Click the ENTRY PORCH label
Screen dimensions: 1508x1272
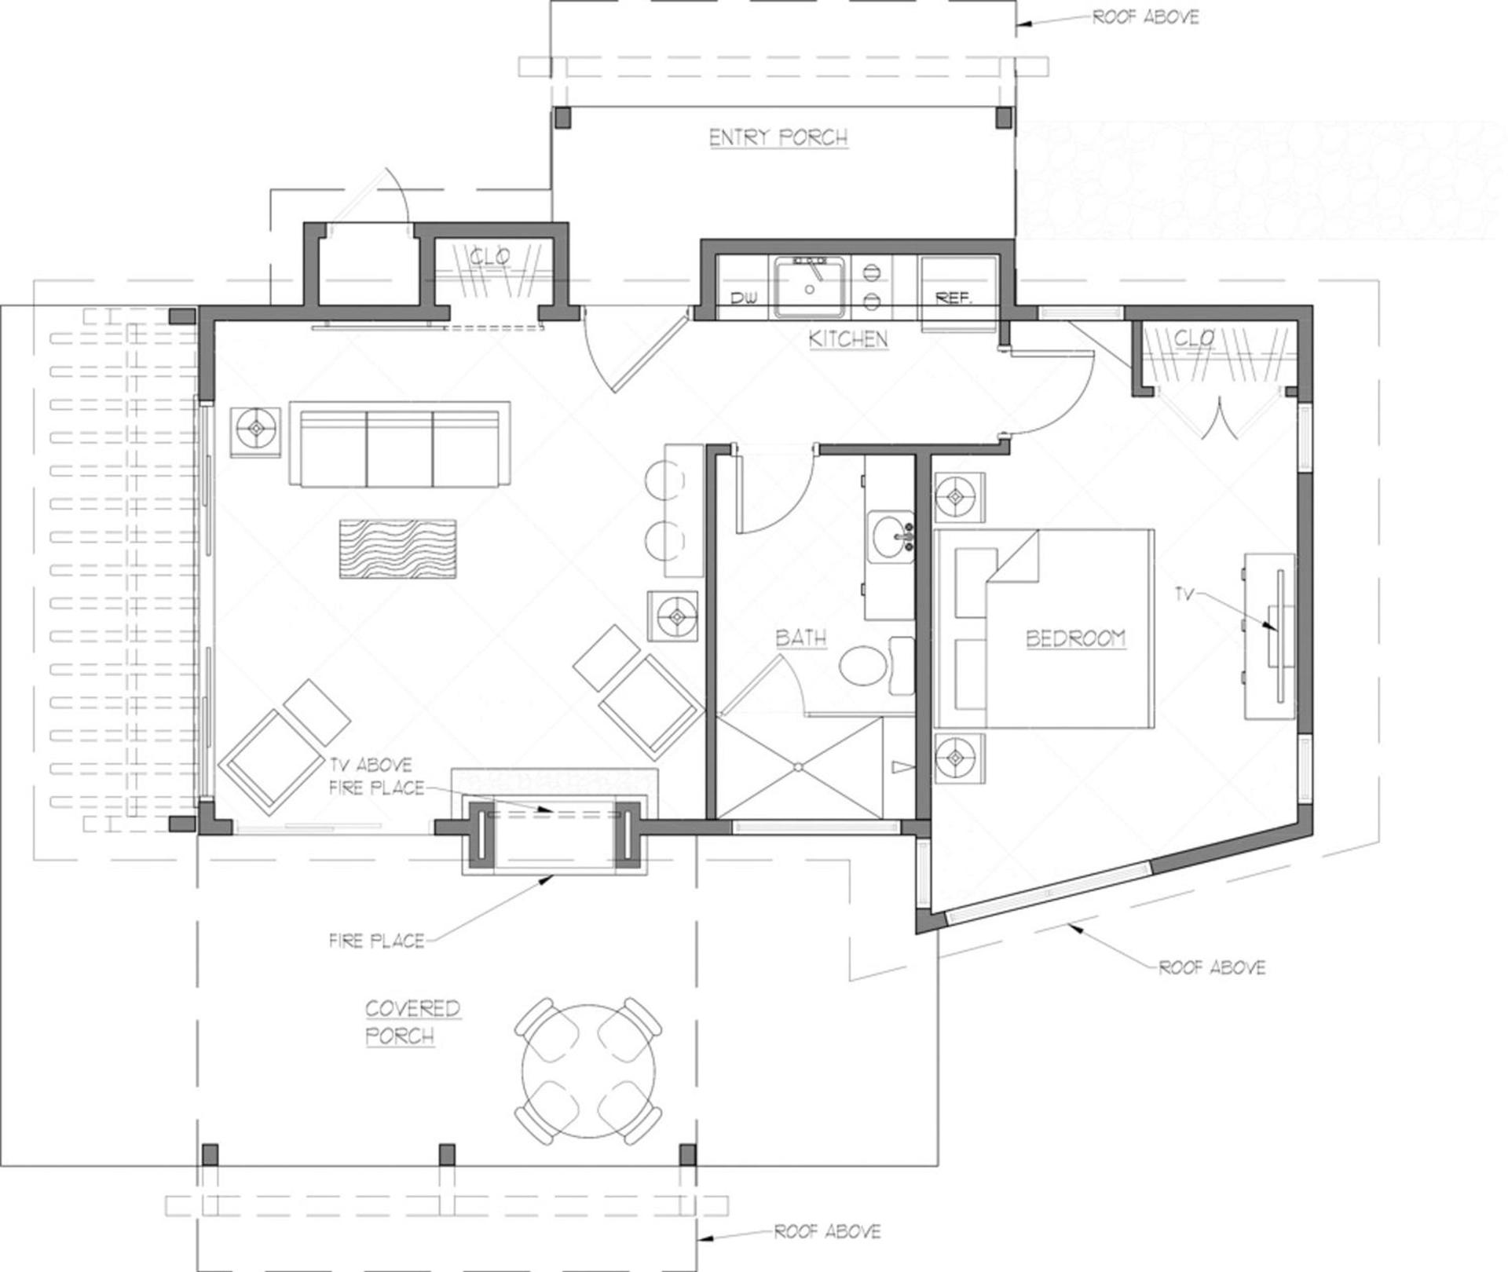pyautogui.click(x=778, y=138)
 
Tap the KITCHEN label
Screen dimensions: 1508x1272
pyautogui.click(x=848, y=339)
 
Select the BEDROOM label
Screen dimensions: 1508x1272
pyautogui.click(x=1075, y=638)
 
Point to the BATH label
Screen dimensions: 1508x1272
pyautogui.click(x=801, y=638)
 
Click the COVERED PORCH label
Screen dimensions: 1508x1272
pyautogui.click(x=412, y=1022)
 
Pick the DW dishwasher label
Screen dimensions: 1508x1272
pyautogui.click(x=742, y=299)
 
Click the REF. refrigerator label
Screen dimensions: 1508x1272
pyautogui.click(x=953, y=298)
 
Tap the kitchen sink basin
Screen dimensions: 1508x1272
pyautogui.click(x=810, y=287)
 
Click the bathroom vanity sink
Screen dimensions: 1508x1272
pyautogui.click(x=891, y=535)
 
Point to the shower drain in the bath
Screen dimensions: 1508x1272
pyautogui.click(x=798, y=766)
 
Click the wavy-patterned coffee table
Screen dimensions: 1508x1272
pyautogui.click(x=397, y=549)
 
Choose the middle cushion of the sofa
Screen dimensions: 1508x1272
pyautogui.click(x=400, y=448)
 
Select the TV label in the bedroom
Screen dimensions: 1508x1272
pyautogui.click(x=1184, y=594)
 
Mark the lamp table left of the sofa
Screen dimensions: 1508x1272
pyautogui.click(x=256, y=431)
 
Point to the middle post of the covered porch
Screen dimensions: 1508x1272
pyautogui.click(x=447, y=1154)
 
